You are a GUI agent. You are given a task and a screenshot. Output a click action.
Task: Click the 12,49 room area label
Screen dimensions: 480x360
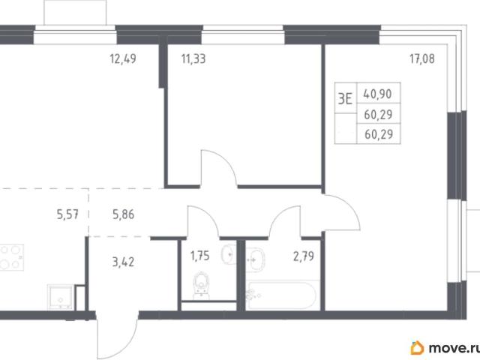click(x=123, y=58)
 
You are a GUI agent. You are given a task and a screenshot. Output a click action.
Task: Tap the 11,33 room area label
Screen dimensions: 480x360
click(x=193, y=58)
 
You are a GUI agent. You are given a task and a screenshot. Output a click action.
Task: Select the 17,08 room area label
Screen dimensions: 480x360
click(x=422, y=58)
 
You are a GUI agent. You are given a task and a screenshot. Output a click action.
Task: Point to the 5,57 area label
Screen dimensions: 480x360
click(x=67, y=214)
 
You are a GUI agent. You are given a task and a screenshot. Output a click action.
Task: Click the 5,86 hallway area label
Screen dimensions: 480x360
click(x=123, y=214)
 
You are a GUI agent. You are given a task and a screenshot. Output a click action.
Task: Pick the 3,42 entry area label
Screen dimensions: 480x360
click(x=123, y=262)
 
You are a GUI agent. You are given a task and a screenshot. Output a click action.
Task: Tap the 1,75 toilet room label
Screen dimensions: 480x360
click(x=200, y=256)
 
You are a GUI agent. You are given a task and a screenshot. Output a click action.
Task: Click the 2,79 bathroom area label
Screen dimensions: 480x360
click(x=304, y=256)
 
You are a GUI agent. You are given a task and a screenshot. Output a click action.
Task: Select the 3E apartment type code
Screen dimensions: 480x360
click(x=345, y=98)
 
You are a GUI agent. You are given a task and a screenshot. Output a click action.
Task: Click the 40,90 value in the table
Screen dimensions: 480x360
click(x=378, y=94)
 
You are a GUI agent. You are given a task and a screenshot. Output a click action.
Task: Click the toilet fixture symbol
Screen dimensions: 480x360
click(x=201, y=285)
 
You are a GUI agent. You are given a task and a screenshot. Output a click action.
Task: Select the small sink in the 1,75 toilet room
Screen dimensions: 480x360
click(x=228, y=254)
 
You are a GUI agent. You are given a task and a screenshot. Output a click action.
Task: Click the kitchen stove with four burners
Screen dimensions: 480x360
click(x=11, y=257)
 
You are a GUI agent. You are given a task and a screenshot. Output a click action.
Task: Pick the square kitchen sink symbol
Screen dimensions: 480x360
click(x=61, y=297)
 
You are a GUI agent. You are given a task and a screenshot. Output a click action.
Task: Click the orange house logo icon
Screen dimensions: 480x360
click(x=417, y=348)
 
